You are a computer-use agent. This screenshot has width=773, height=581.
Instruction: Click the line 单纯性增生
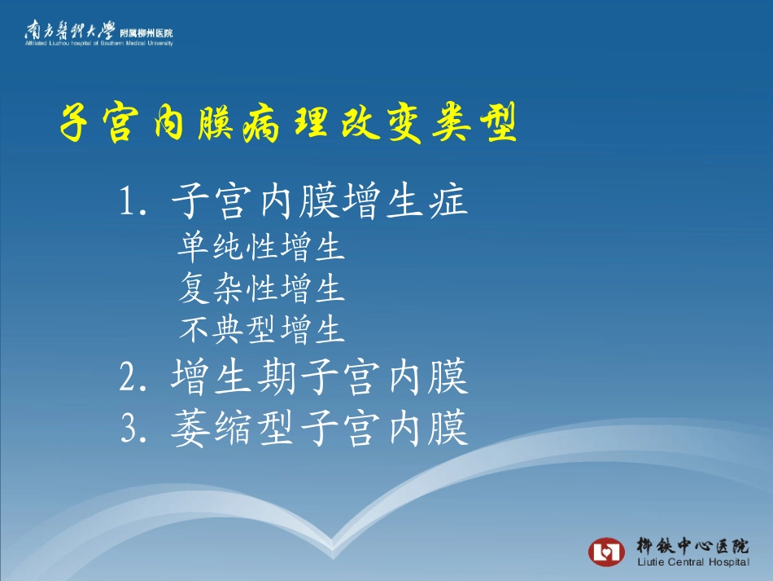pyautogui.click(x=261, y=247)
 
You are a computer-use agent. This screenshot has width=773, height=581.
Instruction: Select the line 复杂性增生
pyautogui.click(x=261, y=288)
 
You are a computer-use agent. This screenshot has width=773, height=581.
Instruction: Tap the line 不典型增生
pyautogui.click(x=262, y=329)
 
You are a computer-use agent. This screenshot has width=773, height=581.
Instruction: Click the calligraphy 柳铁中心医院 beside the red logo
pyautogui.click(x=692, y=545)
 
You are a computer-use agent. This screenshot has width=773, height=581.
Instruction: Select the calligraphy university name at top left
pyautogui.click(x=69, y=31)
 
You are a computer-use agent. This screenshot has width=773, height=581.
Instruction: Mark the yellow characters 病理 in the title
pyautogui.click(x=289, y=125)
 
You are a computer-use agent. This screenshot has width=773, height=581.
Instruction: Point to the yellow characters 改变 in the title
pyautogui.click(x=382, y=125)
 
